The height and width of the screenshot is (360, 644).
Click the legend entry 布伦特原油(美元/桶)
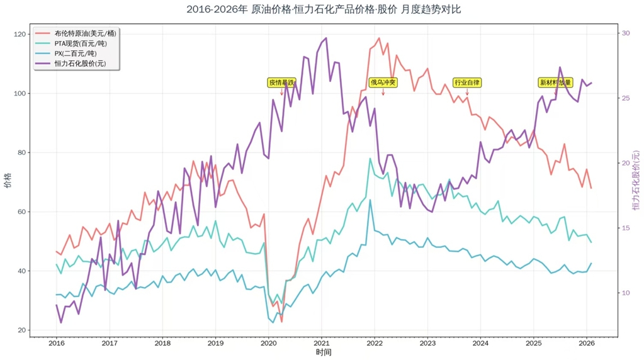coord(85,33)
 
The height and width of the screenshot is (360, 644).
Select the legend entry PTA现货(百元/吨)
coord(81,43)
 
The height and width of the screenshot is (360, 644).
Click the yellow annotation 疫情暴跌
coord(281,82)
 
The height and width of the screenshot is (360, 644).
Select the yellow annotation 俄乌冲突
coord(383,82)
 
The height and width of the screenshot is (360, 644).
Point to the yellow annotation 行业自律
coord(467,82)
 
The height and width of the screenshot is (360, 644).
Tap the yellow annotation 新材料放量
coord(555,82)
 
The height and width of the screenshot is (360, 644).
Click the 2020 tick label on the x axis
coord(268,343)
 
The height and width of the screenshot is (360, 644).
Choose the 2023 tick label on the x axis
coord(427,343)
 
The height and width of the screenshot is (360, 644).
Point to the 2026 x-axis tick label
coord(587,343)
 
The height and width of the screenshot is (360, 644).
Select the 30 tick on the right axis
coord(626,33)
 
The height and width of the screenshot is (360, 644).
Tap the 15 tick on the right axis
coord(626,228)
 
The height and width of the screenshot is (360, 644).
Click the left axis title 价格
coord(7,183)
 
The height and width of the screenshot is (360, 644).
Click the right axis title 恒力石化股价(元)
coord(636,183)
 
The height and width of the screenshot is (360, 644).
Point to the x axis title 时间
coord(324,352)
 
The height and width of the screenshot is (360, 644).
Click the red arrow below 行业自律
coord(467,93)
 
